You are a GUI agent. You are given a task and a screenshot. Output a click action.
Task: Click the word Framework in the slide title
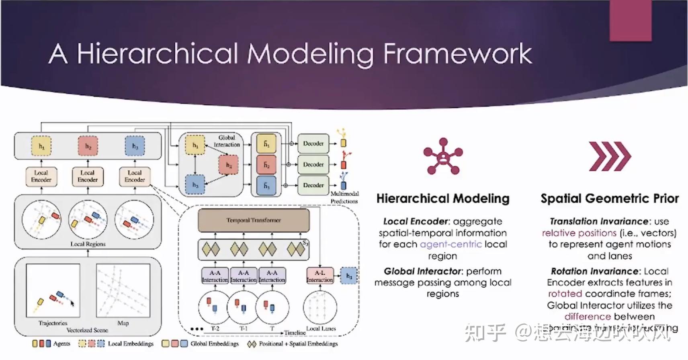click(x=457, y=54)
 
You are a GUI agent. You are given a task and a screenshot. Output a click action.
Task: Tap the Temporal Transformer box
click(x=254, y=220)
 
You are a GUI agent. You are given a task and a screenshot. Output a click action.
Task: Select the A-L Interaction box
click(x=320, y=276)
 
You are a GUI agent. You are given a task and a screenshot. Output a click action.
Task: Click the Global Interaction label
click(x=227, y=141)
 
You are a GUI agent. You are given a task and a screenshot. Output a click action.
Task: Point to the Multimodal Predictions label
click(x=344, y=197)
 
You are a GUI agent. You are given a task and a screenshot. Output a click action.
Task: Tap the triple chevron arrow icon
click(x=610, y=156)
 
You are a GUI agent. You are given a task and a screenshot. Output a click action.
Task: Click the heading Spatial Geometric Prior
click(x=609, y=198)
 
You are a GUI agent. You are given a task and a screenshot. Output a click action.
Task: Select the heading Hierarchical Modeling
click(x=442, y=198)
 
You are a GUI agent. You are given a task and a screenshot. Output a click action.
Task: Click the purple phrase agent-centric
click(x=450, y=244)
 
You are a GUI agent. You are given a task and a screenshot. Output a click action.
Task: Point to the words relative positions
click(x=579, y=233)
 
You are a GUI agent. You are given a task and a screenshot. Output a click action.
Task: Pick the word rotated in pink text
click(x=565, y=294)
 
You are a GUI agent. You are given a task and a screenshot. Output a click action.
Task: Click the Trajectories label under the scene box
click(x=53, y=323)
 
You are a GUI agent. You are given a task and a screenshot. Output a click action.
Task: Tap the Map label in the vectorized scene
click(x=123, y=323)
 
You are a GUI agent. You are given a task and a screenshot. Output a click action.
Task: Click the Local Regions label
click(x=88, y=244)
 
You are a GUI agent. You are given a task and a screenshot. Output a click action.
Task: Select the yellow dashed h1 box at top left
click(x=41, y=146)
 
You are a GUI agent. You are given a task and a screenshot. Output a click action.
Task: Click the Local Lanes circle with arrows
click(x=320, y=307)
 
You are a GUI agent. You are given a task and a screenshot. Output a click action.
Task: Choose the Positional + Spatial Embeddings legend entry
click(x=293, y=344)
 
